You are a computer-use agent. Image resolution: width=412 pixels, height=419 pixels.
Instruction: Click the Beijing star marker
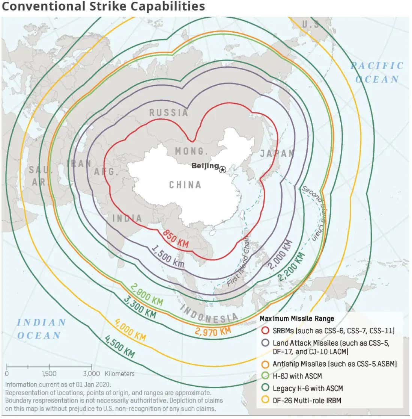click(223, 170)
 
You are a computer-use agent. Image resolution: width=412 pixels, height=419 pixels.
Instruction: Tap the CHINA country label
click(185, 185)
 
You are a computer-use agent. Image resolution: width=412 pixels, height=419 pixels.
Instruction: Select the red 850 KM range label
click(176, 239)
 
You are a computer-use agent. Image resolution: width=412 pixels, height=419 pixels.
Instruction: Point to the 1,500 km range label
click(168, 257)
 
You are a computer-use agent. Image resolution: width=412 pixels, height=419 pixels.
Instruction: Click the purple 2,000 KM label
click(280, 254)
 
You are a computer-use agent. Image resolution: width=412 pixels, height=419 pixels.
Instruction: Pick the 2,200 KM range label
click(291, 267)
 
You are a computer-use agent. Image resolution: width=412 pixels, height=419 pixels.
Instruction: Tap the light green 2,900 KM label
click(147, 294)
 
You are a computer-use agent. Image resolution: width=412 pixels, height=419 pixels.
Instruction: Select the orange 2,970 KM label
click(213, 331)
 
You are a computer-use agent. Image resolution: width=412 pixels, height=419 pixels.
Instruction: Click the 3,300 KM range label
click(140, 307)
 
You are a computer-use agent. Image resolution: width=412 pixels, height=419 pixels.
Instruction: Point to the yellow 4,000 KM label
click(129, 330)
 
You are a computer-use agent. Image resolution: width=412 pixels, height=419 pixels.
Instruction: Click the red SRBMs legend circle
click(266, 331)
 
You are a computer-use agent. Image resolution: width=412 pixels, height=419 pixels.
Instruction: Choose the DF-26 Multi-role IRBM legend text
click(307, 400)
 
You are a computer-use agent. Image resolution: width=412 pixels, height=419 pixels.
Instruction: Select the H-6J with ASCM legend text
click(297, 376)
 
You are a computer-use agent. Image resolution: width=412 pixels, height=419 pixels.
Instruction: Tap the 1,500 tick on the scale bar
click(49, 373)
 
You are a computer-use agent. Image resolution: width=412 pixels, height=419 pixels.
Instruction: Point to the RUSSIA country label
click(168, 112)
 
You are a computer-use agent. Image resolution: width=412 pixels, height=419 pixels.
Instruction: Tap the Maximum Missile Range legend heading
click(296, 319)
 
